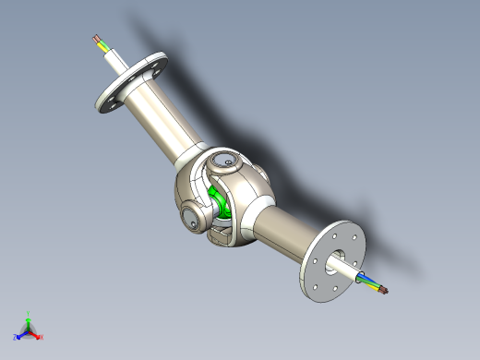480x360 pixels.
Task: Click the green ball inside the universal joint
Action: coord(220,202)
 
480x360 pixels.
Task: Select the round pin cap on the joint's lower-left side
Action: coord(190,220)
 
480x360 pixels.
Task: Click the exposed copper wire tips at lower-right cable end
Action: coord(384,292)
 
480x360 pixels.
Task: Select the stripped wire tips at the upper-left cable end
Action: coord(96,40)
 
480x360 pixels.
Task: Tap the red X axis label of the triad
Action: coord(42,337)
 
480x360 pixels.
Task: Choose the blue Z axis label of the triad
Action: coord(16,338)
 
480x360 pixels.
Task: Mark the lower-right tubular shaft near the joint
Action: coord(282,231)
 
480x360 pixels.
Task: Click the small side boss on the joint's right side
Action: coord(262,174)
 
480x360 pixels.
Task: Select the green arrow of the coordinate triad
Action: coord(29,322)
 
